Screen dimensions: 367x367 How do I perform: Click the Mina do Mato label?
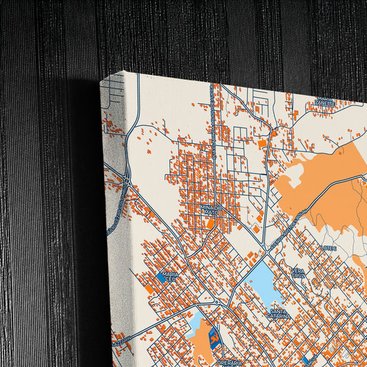coord(211,209)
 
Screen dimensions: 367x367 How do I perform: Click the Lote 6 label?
coord(328,247)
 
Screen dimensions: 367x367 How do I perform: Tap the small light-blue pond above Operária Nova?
coord(196,323)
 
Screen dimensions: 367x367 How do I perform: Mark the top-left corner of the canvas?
coord(101,81)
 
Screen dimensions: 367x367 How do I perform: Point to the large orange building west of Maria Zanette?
coord(262,143)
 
